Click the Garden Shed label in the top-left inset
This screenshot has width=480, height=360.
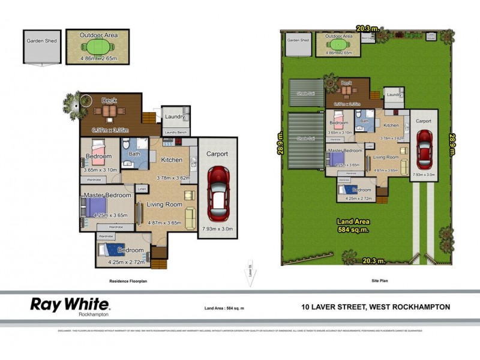pos(41,41)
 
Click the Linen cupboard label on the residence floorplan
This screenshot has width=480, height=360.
pos(142,190)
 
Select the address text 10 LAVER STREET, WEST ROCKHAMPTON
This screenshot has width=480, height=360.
pos(376,307)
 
